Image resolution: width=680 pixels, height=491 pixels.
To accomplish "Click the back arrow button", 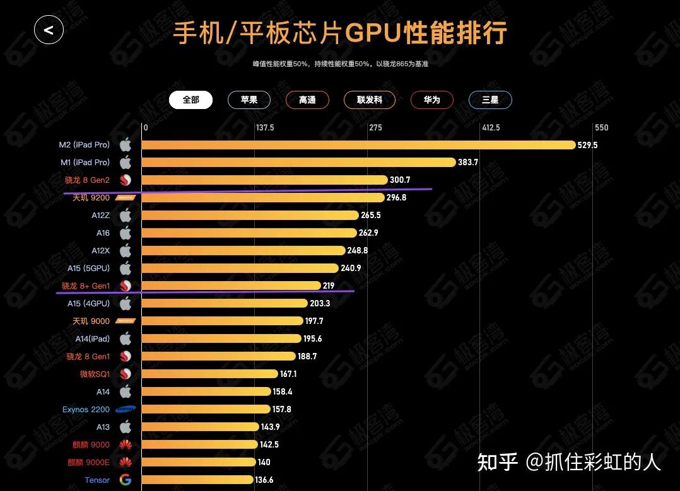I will click(49, 30).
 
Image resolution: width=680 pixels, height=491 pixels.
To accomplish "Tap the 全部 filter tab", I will click(191, 100).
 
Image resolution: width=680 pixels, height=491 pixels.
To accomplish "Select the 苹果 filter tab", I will click(249, 100).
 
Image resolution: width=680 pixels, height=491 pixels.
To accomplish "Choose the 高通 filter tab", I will click(307, 100).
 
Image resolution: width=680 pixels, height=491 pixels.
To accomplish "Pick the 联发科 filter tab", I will click(370, 100).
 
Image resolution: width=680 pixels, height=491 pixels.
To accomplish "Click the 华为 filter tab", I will click(431, 100).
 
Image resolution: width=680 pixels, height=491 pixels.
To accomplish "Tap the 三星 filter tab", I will click(490, 100).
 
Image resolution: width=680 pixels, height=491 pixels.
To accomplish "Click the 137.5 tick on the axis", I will click(264, 128).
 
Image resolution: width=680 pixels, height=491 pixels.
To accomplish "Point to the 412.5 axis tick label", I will click(490, 128).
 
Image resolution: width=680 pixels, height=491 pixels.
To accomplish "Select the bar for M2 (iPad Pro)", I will click(358, 145).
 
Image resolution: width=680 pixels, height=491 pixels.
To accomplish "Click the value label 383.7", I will click(468, 163).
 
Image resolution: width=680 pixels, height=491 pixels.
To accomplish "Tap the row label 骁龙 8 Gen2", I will click(87, 180).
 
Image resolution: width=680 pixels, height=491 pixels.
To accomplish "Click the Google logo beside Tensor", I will click(126, 480).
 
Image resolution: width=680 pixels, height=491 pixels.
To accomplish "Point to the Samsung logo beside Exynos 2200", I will click(126, 410).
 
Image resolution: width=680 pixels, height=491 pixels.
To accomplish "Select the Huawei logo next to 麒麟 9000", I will click(126, 445).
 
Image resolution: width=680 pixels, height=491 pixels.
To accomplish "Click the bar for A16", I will click(249, 233).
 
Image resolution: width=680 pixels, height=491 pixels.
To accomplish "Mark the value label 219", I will click(329, 286).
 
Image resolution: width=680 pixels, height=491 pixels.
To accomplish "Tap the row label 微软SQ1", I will click(95, 374).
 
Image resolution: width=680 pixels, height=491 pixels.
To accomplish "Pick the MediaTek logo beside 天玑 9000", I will click(126, 321).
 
